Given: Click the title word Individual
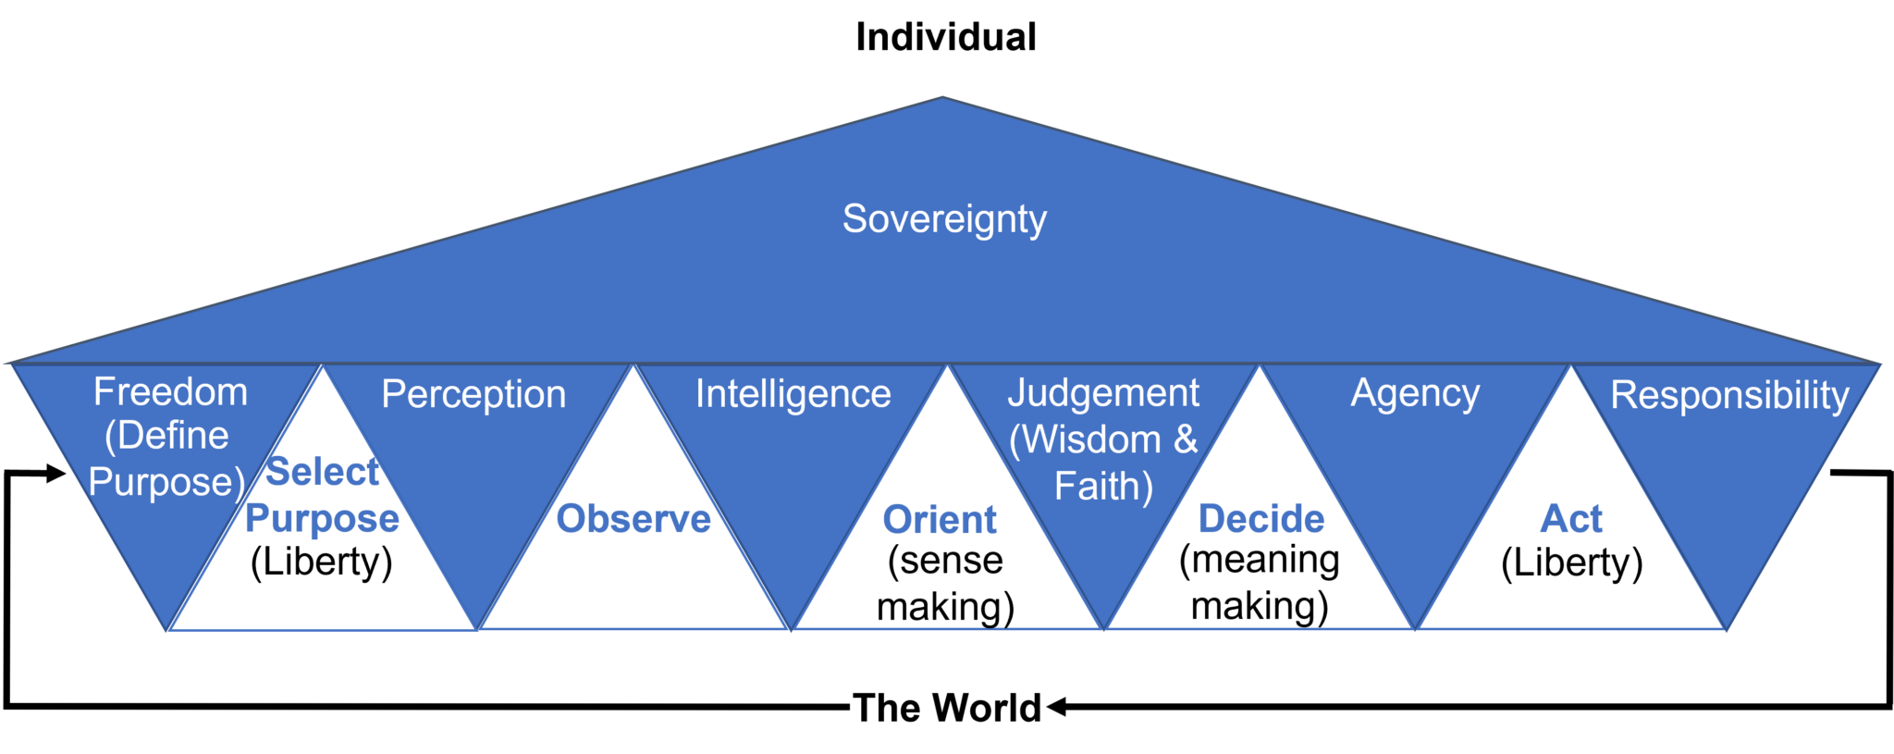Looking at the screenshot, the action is point(945,37).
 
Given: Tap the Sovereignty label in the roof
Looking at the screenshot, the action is point(944,219).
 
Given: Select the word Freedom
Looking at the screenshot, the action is point(170,391).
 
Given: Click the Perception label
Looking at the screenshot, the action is point(473,394).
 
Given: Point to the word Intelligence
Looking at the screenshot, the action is point(793,394).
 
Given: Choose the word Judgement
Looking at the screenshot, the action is point(1103,393).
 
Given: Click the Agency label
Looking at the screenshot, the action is point(1415,394).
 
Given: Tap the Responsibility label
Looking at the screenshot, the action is point(1729,395).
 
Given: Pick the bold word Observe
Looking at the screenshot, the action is point(633,519).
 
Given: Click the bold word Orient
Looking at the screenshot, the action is point(940,520).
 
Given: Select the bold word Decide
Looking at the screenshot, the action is point(1261,519).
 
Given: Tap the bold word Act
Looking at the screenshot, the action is point(1571,519).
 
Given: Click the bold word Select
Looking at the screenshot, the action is point(322,472).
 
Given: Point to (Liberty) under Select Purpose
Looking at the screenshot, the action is point(322,562).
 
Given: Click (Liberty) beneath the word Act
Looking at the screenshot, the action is point(1572,562).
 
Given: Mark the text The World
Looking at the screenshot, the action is point(947,708).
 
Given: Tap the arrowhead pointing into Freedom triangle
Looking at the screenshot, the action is point(56,474).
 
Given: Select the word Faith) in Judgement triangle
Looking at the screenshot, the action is point(1103,487).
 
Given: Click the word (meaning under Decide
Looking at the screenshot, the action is point(1260,561).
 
